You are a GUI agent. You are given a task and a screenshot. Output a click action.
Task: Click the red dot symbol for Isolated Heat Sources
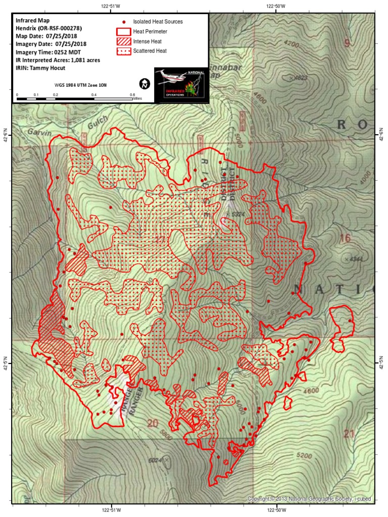click(124, 22)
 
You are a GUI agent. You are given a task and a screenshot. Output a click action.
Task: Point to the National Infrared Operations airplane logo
click(181, 84)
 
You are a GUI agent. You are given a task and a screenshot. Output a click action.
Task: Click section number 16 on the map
click(345, 238)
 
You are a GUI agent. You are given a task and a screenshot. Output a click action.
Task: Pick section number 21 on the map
click(349, 433)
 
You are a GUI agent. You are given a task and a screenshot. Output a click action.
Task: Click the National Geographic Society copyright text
click(309, 499)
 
